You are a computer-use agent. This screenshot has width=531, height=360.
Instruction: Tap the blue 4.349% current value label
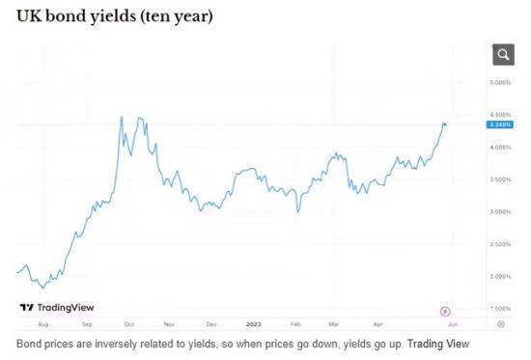point(501,125)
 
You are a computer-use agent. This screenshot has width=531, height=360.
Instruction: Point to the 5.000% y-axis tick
point(501,83)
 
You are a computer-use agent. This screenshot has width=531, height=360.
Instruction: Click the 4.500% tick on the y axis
point(501,115)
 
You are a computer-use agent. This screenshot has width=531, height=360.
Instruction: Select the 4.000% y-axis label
point(501,147)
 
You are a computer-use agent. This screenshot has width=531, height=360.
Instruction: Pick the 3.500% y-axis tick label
point(501,180)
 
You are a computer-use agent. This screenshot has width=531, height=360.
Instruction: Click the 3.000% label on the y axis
point(501,211)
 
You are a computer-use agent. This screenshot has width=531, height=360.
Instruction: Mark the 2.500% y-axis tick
point(501,244)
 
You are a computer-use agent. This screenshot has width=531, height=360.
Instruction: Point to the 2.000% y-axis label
point(501,276)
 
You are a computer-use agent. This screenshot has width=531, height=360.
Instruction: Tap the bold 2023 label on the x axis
point(254,325)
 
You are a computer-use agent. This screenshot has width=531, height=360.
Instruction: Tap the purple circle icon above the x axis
point(445,310)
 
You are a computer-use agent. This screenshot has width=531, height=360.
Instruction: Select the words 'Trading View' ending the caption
point(442,343)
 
